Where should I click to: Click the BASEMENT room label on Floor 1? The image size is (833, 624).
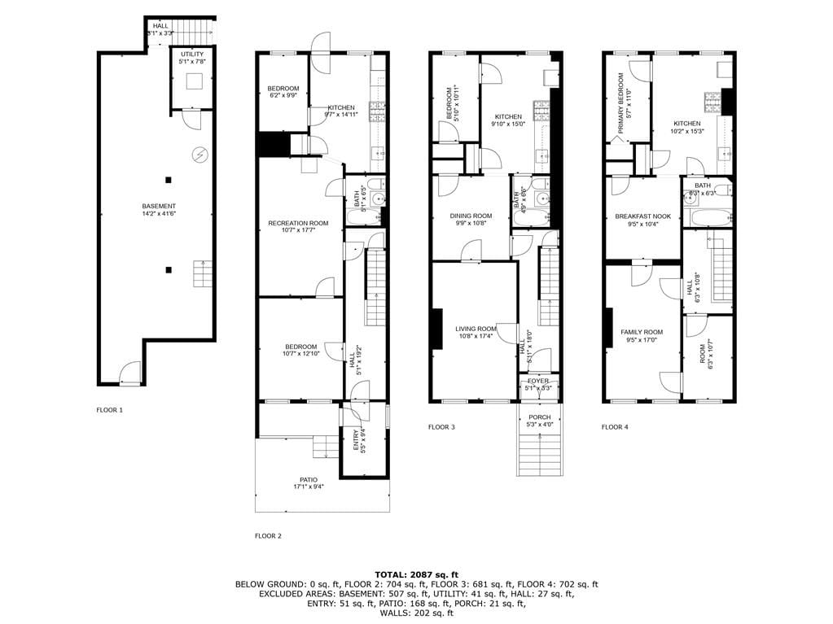[x=159, y=206]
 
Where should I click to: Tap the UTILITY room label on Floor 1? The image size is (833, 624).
[x=192, y=53]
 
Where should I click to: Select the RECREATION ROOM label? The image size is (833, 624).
[x=298, y=223]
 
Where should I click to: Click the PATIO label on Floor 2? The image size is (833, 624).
[x=308, y=479]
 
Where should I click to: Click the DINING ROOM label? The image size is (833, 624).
[x=471, y=216]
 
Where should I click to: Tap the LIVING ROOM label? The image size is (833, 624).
[x=475, y=329]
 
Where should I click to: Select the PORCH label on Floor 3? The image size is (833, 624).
[x=539, y=417]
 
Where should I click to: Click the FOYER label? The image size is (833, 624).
[x=538, y=381]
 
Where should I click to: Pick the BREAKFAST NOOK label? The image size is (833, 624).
[x=642, y=216]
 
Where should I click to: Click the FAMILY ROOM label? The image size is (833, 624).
[x=641, y=332]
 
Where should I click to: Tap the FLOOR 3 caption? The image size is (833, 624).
[x=441, y=426]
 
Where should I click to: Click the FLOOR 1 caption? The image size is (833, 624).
[x=109, y=410]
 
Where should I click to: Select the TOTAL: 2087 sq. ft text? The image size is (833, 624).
[x=416, y=574]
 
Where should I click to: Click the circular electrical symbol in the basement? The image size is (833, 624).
[x=199, y=153]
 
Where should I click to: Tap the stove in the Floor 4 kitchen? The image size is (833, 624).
[x=712, y=102]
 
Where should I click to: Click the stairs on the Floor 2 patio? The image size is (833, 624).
[x=325, y=446]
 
